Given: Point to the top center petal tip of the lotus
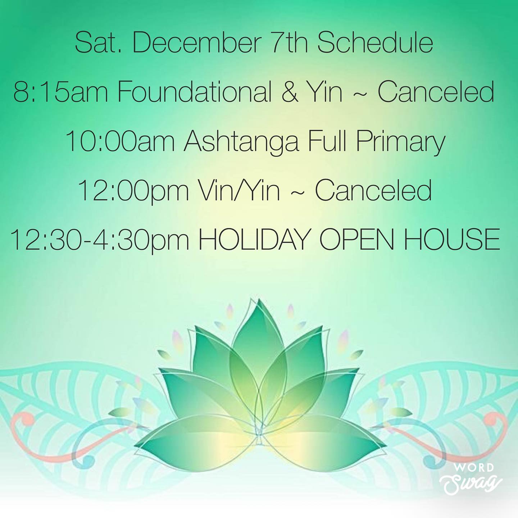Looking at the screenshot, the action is point(259,299).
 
